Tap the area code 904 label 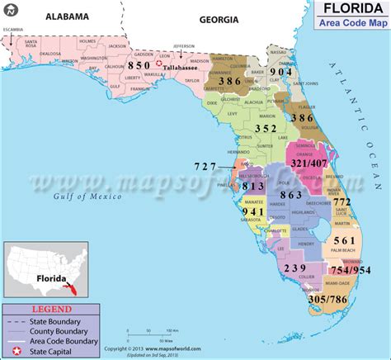coord(280,73)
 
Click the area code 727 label coord(206,166)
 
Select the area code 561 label coord(344,239)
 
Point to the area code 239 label coord(294,268)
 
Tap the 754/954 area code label coord(350,269)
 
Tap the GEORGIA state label coord(219,18)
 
